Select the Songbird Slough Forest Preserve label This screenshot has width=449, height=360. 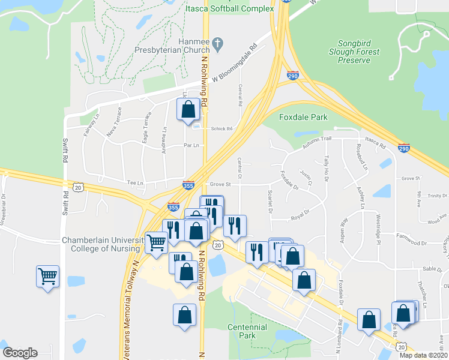point(358,52)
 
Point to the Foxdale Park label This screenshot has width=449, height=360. point(304,117)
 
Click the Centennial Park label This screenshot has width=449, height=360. point(247,331)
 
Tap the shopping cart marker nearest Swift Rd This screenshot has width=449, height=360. point(47,277)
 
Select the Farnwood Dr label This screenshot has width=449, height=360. point(411,244)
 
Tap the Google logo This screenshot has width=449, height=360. point(20,353)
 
